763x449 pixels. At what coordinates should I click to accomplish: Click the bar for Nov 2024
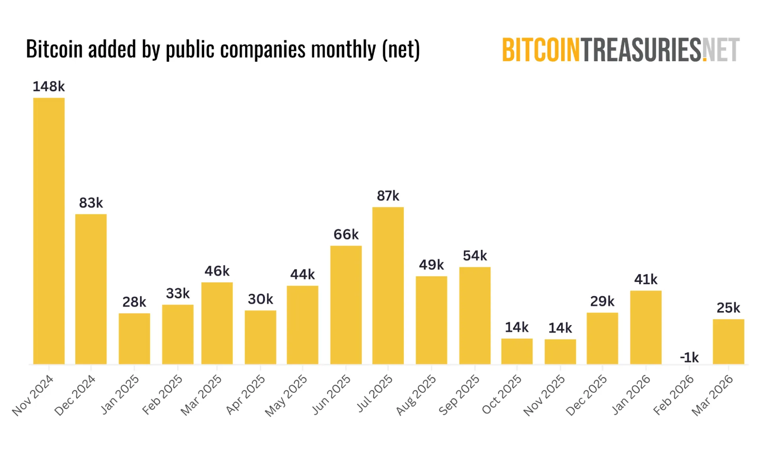pyautogui.click(x=49, y=231)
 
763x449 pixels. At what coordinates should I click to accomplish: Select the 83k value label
pyautogui.click(x=91, y=203)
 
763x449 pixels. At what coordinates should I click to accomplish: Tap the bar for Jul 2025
pyautogui.click(x=388, y=286)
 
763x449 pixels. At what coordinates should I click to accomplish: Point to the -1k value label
pyautogui.click(x=689, y=358)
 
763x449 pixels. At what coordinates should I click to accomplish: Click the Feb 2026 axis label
pyautogui.click(x=674, y=395)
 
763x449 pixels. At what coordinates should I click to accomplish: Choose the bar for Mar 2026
pyautogui.click(x=728, y=342)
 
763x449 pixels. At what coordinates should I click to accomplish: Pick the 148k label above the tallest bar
pyautogui.click(x=48, y=86)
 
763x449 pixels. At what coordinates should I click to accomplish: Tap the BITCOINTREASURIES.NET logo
pyautogui.click(x=621, y=50)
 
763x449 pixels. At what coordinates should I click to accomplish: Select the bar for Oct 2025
pyautogui.click(x=517, y=351)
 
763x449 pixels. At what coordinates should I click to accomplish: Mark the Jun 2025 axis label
pyautogui.click(x=331, y=395)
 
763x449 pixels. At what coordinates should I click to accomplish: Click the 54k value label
pyautogui.click(x=475, y=256)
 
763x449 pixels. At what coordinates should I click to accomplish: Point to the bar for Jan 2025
pyautogui.click(x=134, y=338)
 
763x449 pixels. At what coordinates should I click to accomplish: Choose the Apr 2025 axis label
pyautogui.click(x=246, y=395)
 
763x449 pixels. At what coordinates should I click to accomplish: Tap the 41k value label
pyautogui.click(x=646, y=280)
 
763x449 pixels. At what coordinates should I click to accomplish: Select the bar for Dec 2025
pyautogui.click(x=602, y=338)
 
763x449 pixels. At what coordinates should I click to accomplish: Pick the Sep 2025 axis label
pyautogui.click(x=459, y=395)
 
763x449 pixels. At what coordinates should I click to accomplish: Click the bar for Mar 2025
pyautogui.click(x=217, y=323)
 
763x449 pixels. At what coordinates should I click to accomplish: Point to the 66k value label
pyautogui.click(x=346, y=235)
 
